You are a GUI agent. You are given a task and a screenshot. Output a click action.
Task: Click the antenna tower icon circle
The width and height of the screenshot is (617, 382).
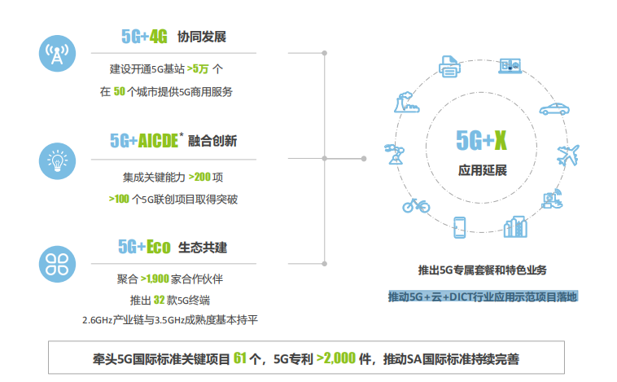57,53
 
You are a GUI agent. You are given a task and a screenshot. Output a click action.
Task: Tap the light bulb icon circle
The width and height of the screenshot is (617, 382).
57,161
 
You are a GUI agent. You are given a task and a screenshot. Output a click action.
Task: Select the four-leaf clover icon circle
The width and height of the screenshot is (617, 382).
57,264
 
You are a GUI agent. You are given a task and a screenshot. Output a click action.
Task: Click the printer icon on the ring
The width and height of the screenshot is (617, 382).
449,66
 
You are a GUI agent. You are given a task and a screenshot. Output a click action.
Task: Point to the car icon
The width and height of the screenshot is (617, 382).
554,109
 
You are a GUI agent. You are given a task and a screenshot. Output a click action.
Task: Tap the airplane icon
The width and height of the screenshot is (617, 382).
568,156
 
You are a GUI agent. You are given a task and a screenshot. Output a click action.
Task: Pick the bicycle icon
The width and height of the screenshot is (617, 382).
416,205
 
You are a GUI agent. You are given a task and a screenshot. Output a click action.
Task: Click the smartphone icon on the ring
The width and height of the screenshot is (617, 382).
460,227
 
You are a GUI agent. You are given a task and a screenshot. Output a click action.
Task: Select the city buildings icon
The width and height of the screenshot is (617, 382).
515,226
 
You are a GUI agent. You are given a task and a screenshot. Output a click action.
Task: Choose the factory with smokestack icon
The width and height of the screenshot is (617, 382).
406,103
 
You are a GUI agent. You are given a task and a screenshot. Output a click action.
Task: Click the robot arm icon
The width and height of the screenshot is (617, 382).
394,154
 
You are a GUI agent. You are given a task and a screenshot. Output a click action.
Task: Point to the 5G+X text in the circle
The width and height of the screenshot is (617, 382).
481,140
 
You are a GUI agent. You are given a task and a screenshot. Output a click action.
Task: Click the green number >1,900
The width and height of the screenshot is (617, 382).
155,279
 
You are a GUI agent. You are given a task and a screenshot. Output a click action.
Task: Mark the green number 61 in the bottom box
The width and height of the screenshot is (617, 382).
239,358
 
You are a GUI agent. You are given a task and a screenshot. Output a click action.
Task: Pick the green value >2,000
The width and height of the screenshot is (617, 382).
336,358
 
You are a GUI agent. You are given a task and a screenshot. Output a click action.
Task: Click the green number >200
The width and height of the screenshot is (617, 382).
199,177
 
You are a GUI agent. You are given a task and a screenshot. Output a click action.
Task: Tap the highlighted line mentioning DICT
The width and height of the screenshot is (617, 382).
483,296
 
